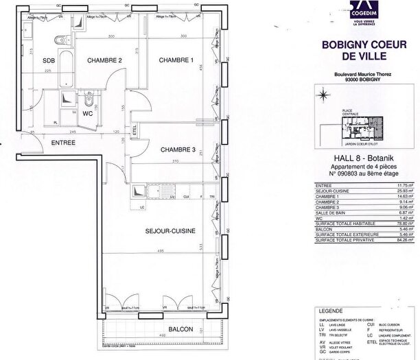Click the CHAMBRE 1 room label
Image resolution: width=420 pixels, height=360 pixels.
point(176,60)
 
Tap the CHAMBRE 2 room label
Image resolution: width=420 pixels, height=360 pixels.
point(104,60)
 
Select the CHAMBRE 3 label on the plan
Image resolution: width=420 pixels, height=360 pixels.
point(178,149)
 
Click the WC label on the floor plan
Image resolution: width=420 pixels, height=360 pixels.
point(87,113)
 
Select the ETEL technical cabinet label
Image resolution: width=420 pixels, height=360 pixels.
point(135,128)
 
